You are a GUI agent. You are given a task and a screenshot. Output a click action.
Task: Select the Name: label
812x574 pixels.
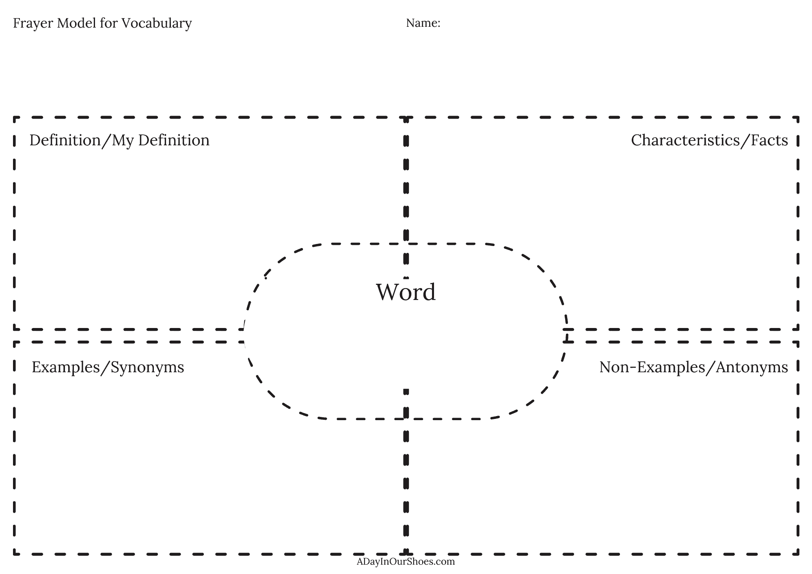click(x=423, y=23)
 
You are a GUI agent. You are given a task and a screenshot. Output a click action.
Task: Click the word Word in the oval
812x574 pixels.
click(x=406, y=292)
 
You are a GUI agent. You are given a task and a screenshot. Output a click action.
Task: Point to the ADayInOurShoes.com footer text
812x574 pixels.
click(x=406, y=561)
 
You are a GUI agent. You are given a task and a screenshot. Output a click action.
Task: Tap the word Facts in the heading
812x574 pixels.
click(x=769, y=140)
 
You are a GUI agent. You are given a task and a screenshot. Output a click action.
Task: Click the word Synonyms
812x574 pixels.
click(x=147, y=367)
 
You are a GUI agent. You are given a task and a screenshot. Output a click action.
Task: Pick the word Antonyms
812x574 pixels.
click(x=752, y=367)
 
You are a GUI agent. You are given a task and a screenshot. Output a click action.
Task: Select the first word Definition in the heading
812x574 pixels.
click(x=65, y=140)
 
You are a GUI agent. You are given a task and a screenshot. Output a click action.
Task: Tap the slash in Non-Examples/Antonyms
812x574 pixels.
click(x=710, y=367)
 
